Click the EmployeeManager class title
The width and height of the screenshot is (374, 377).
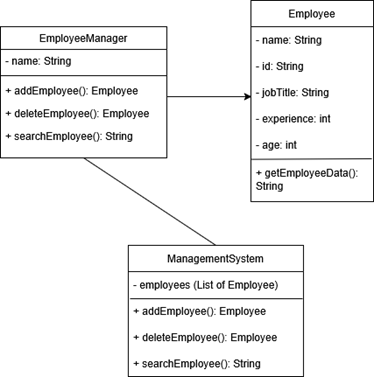(x=83, y=39)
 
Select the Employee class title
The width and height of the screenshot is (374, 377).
(x=311, y=16)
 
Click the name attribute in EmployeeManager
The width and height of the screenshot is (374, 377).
(x=43, y=61)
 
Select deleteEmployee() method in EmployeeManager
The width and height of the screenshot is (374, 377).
(x=76, y=113)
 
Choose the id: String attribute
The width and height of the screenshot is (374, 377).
(x=282, y=68)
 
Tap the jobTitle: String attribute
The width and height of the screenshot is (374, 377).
(x=294, y=93)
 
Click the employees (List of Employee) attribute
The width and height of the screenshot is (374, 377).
(x=203, y=286)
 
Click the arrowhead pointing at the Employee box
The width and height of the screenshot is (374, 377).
(x=245, y=97)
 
